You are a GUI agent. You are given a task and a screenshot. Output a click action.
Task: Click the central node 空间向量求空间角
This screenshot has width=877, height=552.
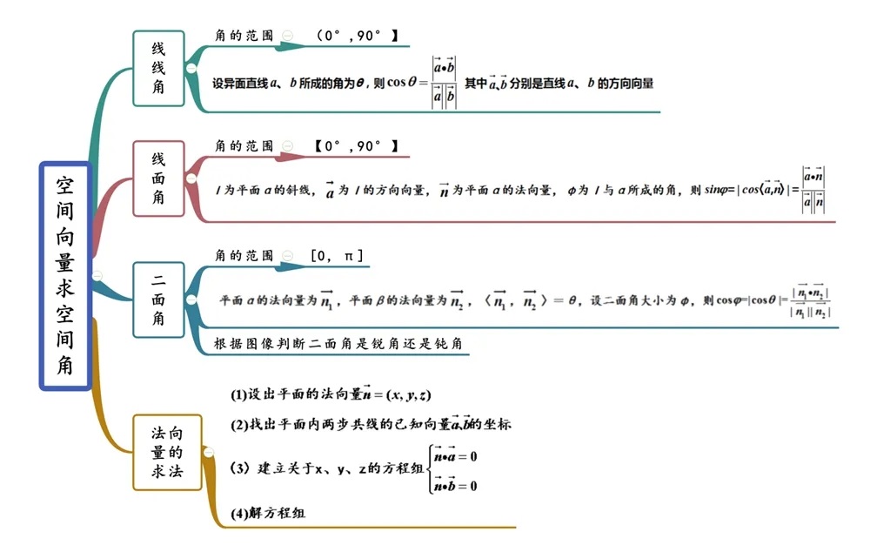pyautogui.click(x=65, y=275)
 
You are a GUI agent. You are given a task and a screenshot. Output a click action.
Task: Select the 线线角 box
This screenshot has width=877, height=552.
pyautogui.click(x=158, y=68)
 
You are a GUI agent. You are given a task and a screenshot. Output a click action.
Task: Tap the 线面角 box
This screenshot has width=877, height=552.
pyautogui.click(x=158, y=178)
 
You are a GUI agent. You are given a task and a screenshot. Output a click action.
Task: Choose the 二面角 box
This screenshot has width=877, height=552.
pyautogui.click(x=158, y=300)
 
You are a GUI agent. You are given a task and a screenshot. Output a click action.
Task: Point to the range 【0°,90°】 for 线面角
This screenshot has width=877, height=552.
pyautogui.click(x=357, y=146)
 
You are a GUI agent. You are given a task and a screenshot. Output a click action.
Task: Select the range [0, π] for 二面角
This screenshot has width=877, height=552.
pyautogui.click(x=337, y=256)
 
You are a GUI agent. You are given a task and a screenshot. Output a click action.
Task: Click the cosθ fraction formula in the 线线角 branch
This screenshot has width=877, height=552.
pyautogui.click(x=445, y=83)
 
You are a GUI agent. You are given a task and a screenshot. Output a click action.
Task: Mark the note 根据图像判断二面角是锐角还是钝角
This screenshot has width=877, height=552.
pyautogui.click(x=338, y=344)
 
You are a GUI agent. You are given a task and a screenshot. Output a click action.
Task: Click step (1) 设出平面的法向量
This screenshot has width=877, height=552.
pyautogui.click(x=331, y=394)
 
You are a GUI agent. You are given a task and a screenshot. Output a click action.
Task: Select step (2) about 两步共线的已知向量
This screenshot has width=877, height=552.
pyautogui.click(x=371, y=425)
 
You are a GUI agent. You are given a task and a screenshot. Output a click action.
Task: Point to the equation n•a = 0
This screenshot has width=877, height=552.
pyautogui.click(x=456, y=455)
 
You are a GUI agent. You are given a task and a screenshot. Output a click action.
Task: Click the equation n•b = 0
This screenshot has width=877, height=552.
pyautogui.click(x=456, y=485)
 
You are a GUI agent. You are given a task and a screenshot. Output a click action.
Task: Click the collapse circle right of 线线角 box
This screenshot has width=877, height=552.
pyautogui.click(x=191, y=68)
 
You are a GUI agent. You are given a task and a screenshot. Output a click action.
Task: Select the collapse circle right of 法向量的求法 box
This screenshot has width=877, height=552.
pyautogui.click(x=208, y=451)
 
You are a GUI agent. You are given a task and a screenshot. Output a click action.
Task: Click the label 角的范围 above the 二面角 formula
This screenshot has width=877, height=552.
pyautogui.click(x=244, y=256)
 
